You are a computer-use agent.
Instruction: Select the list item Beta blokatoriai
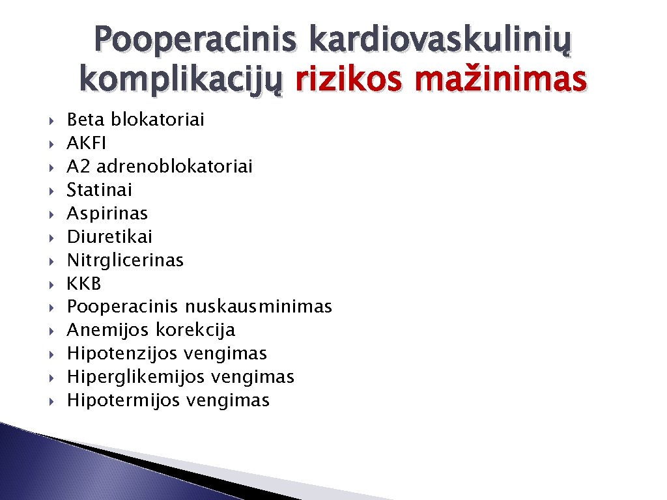pos(135,120)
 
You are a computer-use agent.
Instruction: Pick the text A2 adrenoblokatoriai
pos(160,167)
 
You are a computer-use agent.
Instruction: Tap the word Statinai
pos(100,190)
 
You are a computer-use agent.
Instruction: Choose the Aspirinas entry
pos(107,214)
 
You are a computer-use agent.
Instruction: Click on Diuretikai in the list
pos(109,237)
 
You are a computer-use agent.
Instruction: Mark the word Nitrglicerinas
pos(125,260)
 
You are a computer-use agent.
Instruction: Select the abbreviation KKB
pos(84,284)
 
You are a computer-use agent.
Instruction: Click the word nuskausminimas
pos(258,307)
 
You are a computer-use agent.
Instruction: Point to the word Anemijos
pos(109,330)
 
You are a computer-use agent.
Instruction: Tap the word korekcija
pos(195,330)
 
